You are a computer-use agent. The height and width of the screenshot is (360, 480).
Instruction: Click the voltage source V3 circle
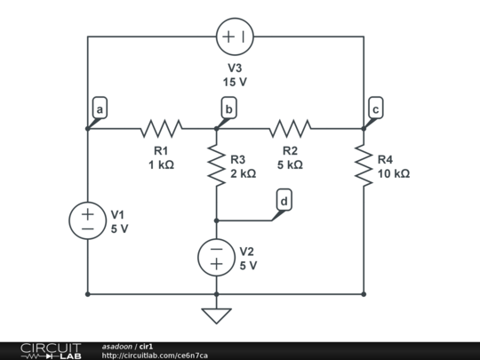235,37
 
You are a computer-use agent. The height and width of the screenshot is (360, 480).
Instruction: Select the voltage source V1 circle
87,220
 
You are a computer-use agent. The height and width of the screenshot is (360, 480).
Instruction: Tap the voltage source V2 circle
216,257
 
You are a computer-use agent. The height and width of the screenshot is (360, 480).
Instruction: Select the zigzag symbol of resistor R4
364,166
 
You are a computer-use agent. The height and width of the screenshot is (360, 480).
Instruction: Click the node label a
100,109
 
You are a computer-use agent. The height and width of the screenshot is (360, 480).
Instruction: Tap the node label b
229,109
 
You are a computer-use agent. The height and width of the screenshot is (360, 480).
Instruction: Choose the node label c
376,109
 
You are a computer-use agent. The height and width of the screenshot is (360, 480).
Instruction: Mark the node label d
284,202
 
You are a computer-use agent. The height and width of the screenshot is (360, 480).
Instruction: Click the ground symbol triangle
216,316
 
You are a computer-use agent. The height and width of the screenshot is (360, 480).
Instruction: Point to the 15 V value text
235,81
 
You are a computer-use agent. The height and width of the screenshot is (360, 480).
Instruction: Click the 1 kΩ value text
161,164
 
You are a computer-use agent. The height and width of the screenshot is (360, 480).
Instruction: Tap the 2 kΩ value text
243,174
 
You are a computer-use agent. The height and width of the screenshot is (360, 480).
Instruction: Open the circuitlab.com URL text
155,355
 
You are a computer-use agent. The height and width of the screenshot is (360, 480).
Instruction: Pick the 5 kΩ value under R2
290,164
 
